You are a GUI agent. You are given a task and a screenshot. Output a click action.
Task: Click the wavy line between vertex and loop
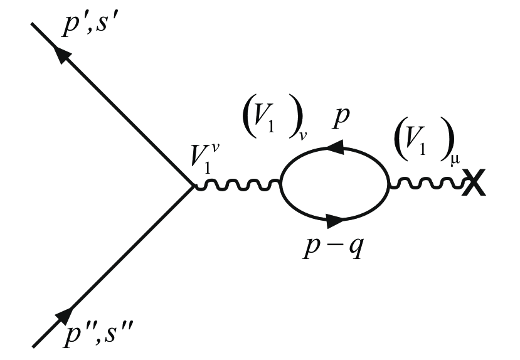(237, 185)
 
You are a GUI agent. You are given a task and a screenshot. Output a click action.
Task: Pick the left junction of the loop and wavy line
(281, 185)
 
